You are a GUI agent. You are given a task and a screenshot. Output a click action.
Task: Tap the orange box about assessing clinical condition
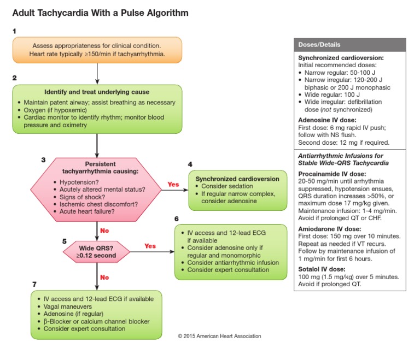pos(97,50)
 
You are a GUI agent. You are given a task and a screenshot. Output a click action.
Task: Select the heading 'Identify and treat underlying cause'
pos(97,92)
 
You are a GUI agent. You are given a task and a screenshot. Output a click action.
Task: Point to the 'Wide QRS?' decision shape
pos(96,252)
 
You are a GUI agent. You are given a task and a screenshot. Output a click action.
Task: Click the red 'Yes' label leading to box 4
pos(173,184)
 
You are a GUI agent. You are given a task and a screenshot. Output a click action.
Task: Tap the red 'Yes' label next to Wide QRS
pos(149,246)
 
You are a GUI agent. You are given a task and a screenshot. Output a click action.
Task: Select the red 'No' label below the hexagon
pos(104,231)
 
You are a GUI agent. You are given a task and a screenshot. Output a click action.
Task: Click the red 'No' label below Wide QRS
pos(104,277)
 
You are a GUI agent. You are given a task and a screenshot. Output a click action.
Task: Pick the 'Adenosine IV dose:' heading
pos(326,120)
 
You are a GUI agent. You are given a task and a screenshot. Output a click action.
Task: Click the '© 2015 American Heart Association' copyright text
pos(219,337)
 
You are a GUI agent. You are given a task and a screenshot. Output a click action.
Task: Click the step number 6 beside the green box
pos(176,219)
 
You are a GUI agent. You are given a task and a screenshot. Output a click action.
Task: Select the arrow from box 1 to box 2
pos(97,73)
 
